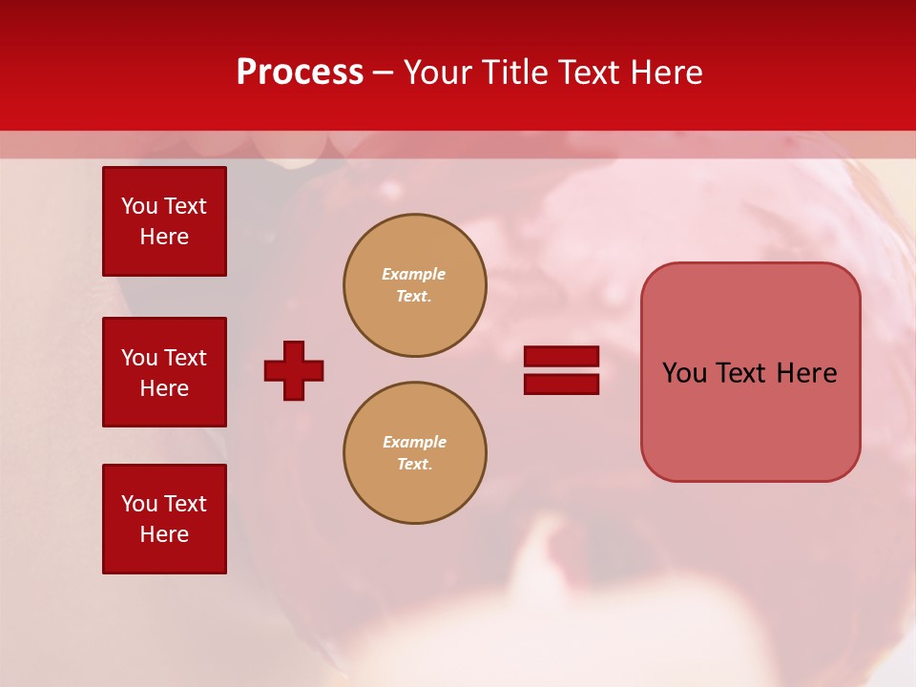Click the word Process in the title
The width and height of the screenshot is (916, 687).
point(300,73)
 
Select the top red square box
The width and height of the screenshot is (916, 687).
point(164,221)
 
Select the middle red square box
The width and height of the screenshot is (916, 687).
point(164,372)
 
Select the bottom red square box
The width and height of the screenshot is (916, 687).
point(164,519)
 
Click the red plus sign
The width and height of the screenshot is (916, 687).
point(294,370)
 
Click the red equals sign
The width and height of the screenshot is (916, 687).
point(561,370)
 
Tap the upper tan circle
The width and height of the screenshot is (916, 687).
point(415,285)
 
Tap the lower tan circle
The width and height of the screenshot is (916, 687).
point(415,453)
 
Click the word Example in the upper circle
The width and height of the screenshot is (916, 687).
point(414,274)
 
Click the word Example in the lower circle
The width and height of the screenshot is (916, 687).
point(414,442)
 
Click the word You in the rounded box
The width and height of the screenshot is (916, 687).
point(684,373)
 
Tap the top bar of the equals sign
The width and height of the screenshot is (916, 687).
point(561,356)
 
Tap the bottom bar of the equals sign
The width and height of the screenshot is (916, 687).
point(561,385)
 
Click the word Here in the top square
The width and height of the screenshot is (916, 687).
point(164,237)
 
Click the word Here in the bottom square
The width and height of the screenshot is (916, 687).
point(164,534)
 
